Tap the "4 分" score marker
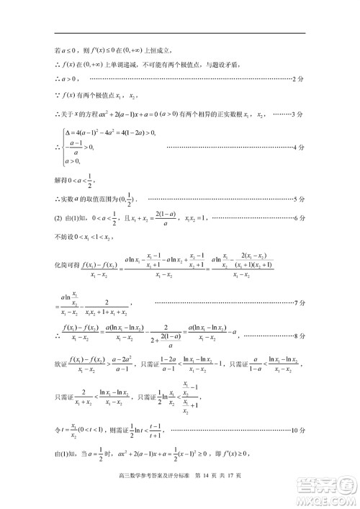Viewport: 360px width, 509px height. (300, 148)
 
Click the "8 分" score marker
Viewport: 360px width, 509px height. (300, 335)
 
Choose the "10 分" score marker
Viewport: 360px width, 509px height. (298, 432)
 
